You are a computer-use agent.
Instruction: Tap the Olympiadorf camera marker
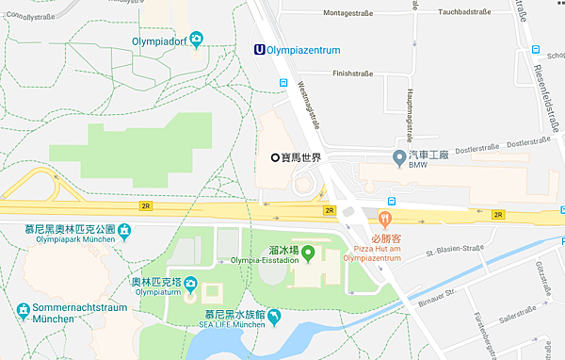[196, 39]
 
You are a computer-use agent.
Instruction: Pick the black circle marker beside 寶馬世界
[276, 157]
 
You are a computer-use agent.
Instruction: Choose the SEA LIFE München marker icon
[274, 316]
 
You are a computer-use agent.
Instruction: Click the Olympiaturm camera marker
[189, 282]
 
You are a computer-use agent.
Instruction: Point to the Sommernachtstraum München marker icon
[24, 308]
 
